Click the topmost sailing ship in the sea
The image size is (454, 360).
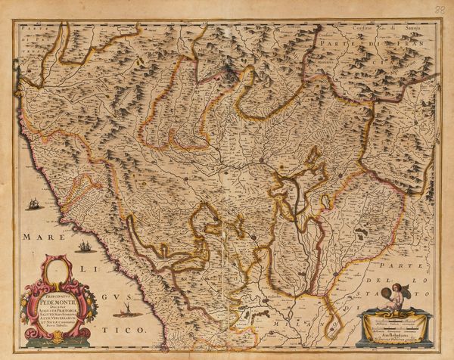point(34,203)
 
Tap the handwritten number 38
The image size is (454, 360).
point(441,9)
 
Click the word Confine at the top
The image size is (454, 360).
point(364,29)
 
